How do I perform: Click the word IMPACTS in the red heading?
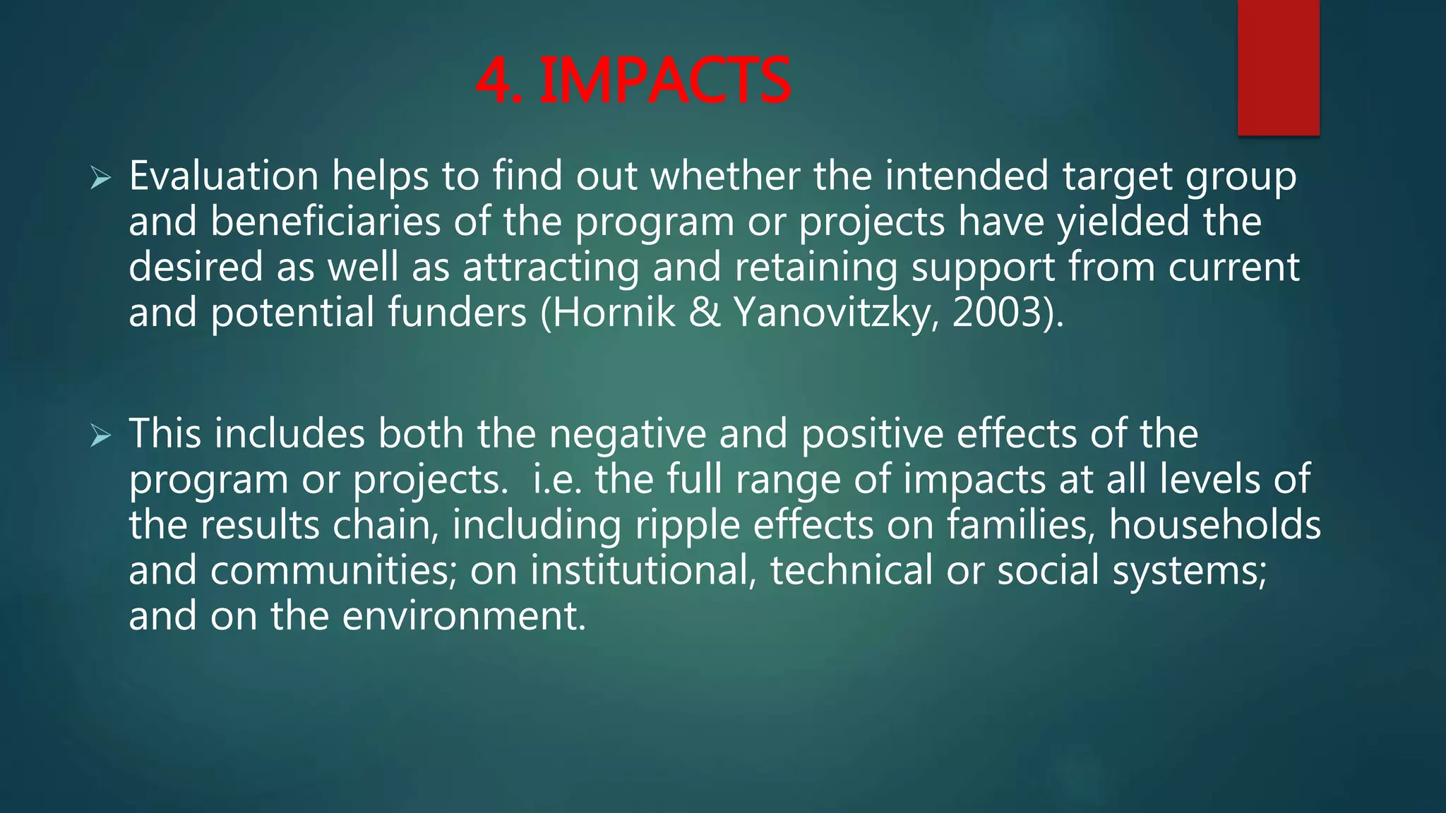click(x=664, y=82)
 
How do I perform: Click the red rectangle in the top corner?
click(x=1278, y=67)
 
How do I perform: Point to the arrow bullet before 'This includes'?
click(x=100, y=437)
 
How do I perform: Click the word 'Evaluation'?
click(x=224, y=176)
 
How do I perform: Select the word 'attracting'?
click(x=551, y=268)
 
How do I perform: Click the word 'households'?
click(x=1214, y=525)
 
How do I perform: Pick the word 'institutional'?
click(x=640, y=570)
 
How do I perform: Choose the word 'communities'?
click(x=333, y=570)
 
